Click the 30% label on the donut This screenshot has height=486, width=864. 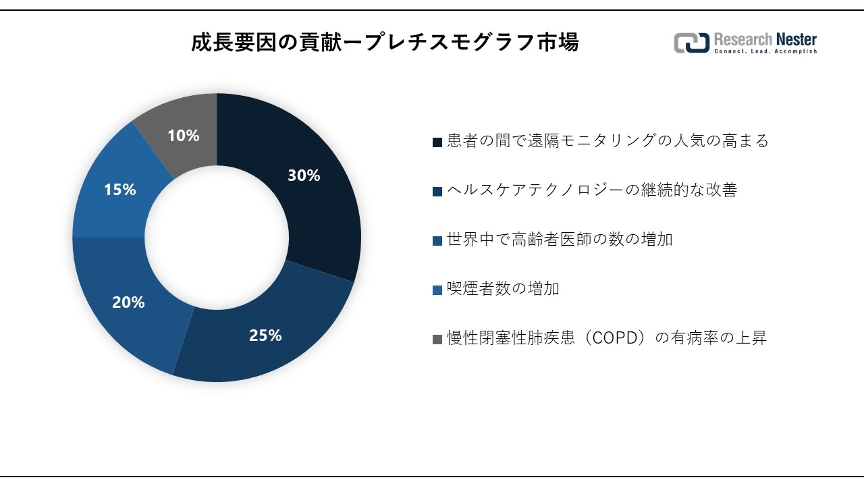click(304, 175)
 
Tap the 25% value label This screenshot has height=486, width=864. click(265, 335)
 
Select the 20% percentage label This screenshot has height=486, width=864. click(128, 302)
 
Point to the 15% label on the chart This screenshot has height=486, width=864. click(119, 190)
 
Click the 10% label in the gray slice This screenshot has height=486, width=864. click(183, 136)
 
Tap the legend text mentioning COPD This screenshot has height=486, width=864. click(606, 338)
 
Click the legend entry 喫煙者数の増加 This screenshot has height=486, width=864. click(503, 289)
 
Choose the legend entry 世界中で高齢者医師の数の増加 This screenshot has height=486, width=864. click(560, 240)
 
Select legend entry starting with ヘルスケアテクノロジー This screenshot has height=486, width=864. click(591, 190)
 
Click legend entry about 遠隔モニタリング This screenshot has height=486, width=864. click(607, 141)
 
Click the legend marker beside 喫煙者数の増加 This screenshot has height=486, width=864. click(437, 290)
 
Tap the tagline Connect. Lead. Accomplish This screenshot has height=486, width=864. click(765, 52)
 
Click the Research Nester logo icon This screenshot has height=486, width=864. click(691, 43)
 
